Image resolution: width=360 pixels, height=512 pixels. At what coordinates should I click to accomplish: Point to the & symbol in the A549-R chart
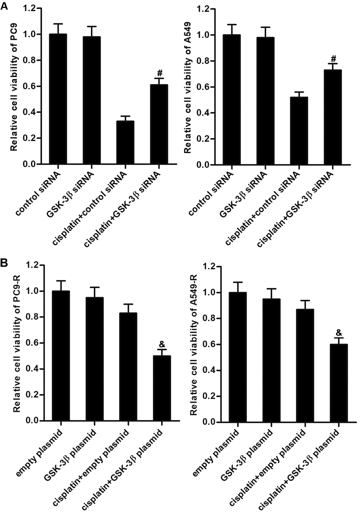tap(339, 332)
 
